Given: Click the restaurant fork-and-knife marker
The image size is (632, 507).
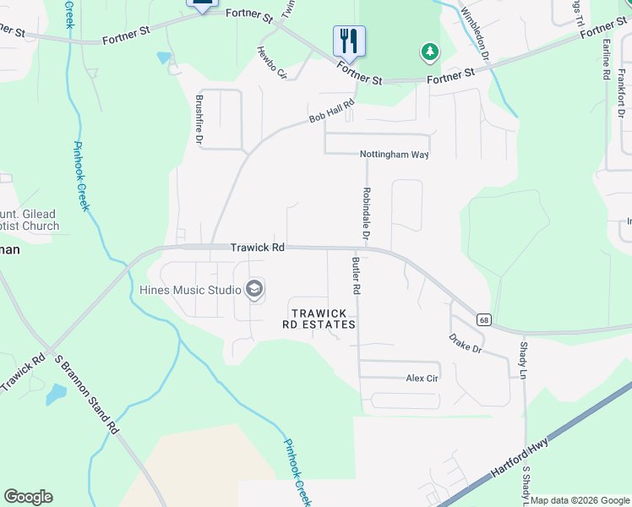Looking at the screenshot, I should (349, 40).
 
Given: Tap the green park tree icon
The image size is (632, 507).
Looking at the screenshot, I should (431, 52).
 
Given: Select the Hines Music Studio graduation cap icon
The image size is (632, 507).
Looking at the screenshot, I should (253, 291).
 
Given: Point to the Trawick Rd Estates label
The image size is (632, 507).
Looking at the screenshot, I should (319, 319).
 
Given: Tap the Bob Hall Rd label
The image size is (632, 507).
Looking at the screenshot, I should (330, 113).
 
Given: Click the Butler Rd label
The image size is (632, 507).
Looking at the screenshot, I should (357, 276).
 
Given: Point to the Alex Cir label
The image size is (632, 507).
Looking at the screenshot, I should (422, 379).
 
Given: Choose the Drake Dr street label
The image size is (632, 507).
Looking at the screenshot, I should (465, 344).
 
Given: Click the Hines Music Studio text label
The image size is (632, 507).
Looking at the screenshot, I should (190, 291).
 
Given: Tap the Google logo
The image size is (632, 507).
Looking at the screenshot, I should (28, 497).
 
